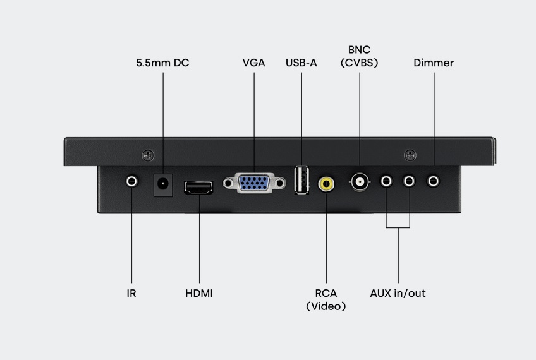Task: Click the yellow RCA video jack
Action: tap(326, 184)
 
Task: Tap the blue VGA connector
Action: tap(254, 183)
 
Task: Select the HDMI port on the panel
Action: tap(198, 188)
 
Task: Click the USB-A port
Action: tap(302, 181)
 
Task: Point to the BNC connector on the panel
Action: tap(360, 182)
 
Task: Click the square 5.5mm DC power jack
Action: tap(162, 185)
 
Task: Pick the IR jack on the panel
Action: tap(131, 181)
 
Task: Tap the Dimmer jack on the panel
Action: tap(434, 181)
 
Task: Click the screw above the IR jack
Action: tap(148, 155)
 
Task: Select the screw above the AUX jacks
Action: tap(410, 155)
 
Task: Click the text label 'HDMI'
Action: tap(199, 293)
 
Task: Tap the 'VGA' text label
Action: tap(253, 63)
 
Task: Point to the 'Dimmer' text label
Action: tap(434, 63)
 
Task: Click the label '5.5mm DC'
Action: tap(162, 63)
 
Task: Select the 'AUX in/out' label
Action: tap(398, 293)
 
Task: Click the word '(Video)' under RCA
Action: tap(326, 306)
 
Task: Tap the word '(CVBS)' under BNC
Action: tap(359, 63)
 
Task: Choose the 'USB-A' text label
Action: tap(301, 63)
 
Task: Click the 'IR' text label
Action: tap(131, 293)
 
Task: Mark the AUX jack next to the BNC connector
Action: tap(386, 181)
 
